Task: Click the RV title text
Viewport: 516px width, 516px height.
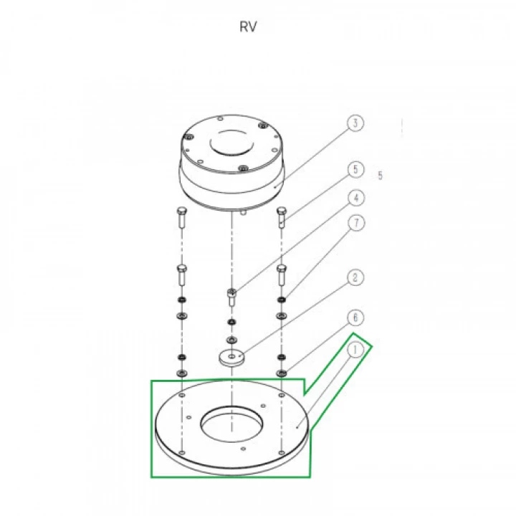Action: pyautogui.click(x=248, y=27)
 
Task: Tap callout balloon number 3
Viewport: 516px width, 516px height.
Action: pyautogui.click(x=355, y=123)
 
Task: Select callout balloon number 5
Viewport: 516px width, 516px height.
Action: pyautogui.click(x=355, y=169)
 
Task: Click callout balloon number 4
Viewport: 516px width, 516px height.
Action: pyautogui.click(x=356, y=198)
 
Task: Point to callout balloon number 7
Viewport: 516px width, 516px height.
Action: pyautogui.click(x=356, y=223)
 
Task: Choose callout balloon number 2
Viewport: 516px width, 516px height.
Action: pyautogui.click(x=355, y=277)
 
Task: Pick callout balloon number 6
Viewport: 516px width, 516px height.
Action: pyautogui.click(x=355, y=317)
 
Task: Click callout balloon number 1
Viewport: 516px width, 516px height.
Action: pyautogui.click(x=355, y=350)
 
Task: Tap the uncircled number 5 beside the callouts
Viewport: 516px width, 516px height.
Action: pyautogui.click(x=381, y=176)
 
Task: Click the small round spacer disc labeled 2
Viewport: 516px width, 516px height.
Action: pyautogui.click(x=232, y=358)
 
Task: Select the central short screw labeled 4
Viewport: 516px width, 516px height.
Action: pyautogui.click(x=232, y=297)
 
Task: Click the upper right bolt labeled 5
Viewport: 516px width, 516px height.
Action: pyautogui.click(x=282, y=217)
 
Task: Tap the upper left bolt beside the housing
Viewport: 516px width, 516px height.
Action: pyautogui.click(x=182, y=217)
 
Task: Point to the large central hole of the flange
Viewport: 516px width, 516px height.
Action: pyautogui.click(x=232, y=424)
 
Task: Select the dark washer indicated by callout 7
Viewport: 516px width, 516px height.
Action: pyautogui.click(x=282, y=300)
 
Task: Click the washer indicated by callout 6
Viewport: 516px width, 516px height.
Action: pyautogui.click(x=282, y=373)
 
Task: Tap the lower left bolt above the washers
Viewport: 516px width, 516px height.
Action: pyautogui.click(x=182, y=275)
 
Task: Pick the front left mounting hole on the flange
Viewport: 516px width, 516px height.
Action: pyautogui.click(x=182, y=453)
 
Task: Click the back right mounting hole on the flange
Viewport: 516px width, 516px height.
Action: pyautogui.click(x=282, y=395)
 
